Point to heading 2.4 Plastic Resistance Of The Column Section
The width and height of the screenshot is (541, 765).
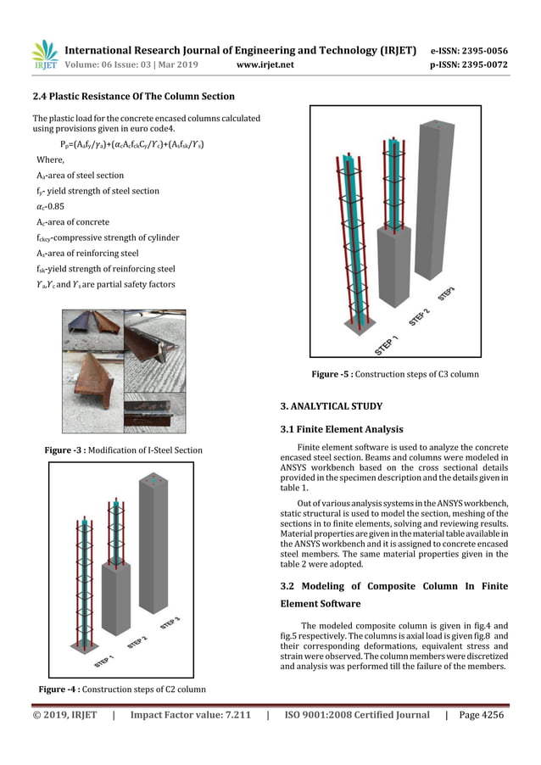pyautogui.click(x=133, y=97)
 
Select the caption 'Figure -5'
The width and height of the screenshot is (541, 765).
pyautogui.click(x=395, y=374)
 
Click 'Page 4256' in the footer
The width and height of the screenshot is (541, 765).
pyautogui.click(x=480, y=715)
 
